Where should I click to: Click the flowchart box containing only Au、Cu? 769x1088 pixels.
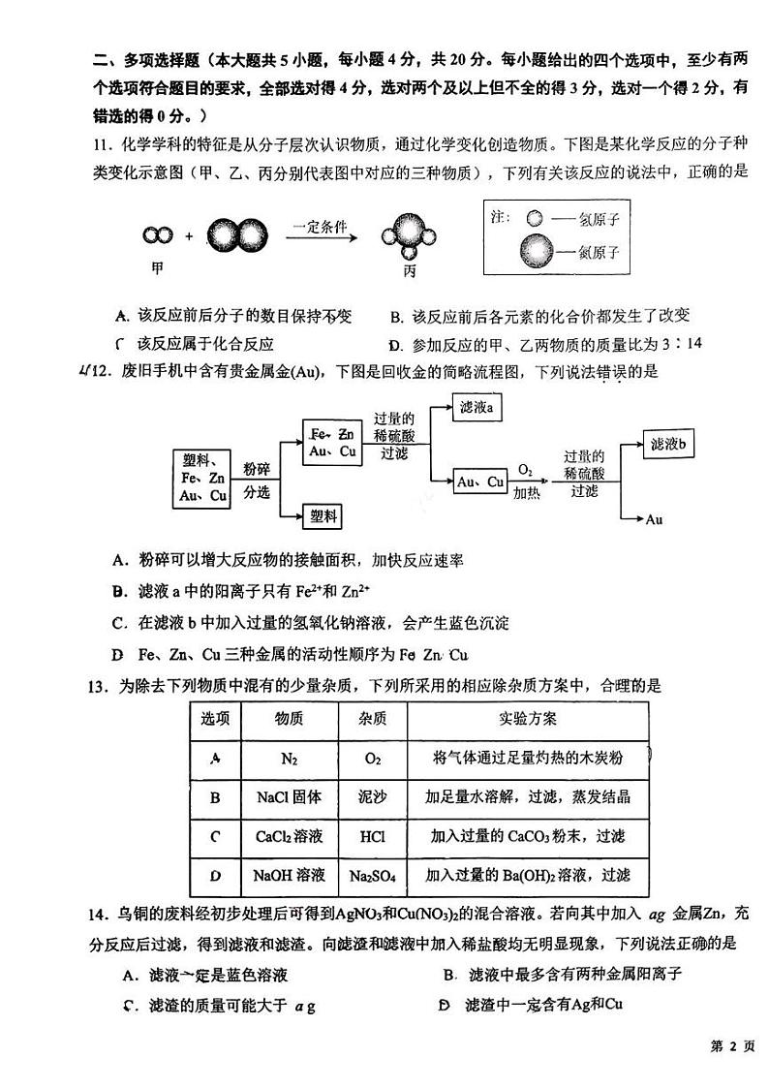pos(480,482)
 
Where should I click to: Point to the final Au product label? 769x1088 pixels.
pos(654,520)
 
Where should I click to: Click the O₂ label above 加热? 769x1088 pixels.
pos(525,470)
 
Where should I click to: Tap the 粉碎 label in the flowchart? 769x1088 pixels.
pos(256,467)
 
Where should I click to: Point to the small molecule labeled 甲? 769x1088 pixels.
pos(157,235)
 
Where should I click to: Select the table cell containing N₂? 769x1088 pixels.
pos(289,759)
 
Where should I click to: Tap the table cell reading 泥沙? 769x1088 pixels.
pos(372,797)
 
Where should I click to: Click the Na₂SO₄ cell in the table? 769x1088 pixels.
pos(372,876)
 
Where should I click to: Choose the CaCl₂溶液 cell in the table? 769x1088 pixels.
pos(289,836)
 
